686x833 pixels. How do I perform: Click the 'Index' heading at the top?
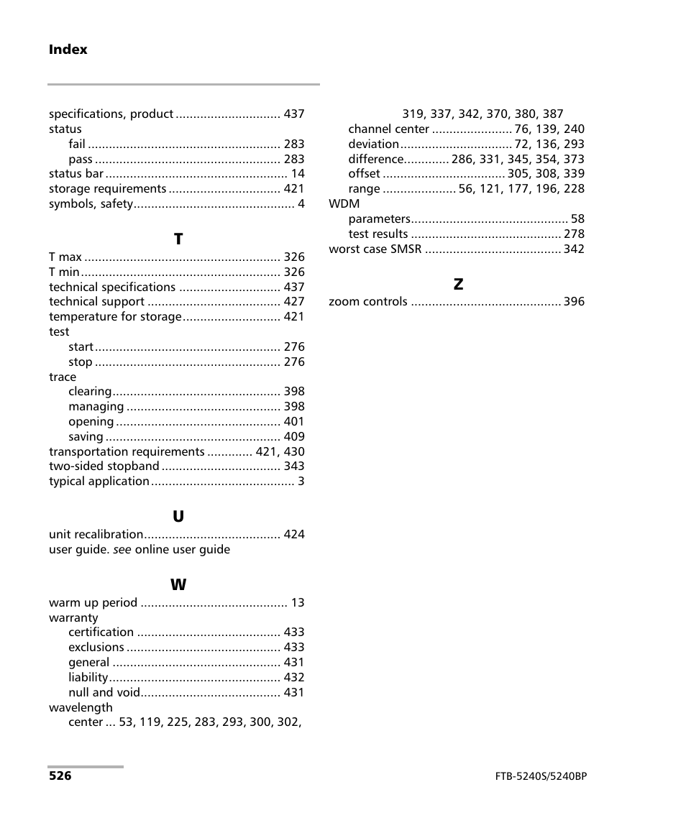(68, 50)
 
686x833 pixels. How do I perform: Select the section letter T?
(178, 239)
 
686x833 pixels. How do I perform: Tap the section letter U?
(178, 517)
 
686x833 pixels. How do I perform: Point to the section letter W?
(178, 585)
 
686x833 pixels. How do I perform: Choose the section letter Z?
(458, 285)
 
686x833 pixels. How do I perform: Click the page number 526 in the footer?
(60, 776)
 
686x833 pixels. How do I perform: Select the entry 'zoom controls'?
(367, 302)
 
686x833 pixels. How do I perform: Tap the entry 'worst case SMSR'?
(375, 249)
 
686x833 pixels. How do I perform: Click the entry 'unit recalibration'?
(96, 535)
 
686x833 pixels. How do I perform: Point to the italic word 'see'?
(122, 550)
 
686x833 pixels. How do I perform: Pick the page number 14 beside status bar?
(298, 174)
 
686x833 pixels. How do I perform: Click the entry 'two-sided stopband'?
(104, 466)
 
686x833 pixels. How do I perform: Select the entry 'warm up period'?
(93, 603)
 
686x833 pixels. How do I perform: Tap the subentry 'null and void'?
(103, 693)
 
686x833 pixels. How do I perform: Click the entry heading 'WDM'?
(344, 204)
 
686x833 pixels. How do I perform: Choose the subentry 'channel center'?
(388, 129)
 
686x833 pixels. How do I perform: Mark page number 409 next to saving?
(293, 437)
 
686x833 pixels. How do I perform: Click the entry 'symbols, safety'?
(91, 204)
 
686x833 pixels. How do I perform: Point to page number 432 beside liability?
(293, 678)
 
